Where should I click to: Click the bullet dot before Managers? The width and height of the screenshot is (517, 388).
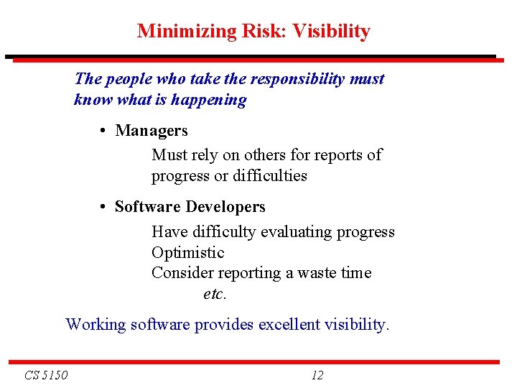point(104,131)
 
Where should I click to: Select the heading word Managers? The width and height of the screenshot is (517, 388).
point(152,131)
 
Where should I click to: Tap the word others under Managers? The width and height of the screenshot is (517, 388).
point(266,154)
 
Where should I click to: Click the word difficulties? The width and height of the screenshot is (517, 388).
point(269,175)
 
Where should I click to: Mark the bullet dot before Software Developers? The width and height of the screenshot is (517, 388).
point(104,207)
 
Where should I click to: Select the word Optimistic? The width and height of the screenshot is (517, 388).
point(188,253)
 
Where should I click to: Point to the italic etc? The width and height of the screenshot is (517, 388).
point(215,294)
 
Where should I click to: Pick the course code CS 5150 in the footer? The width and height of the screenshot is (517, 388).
point(45,375)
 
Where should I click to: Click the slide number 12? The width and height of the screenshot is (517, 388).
point(317,375)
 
